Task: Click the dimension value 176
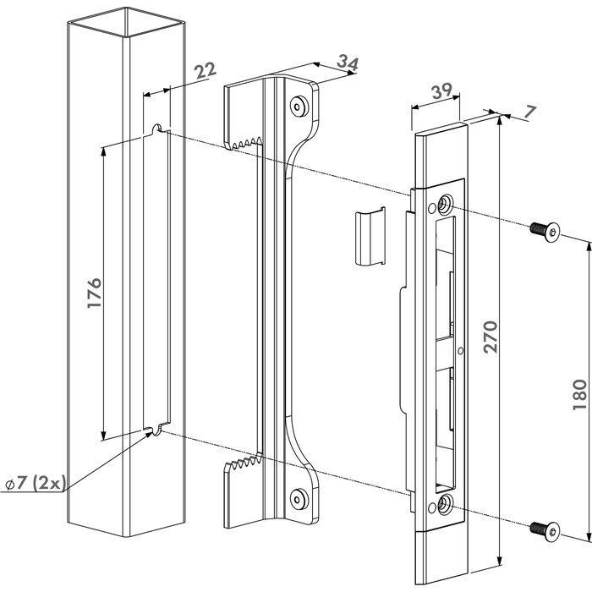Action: coord(94,292)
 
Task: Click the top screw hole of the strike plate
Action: coord(444,204)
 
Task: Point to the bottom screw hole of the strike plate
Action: coord(444,505)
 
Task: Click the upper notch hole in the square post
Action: coord(157,128)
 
